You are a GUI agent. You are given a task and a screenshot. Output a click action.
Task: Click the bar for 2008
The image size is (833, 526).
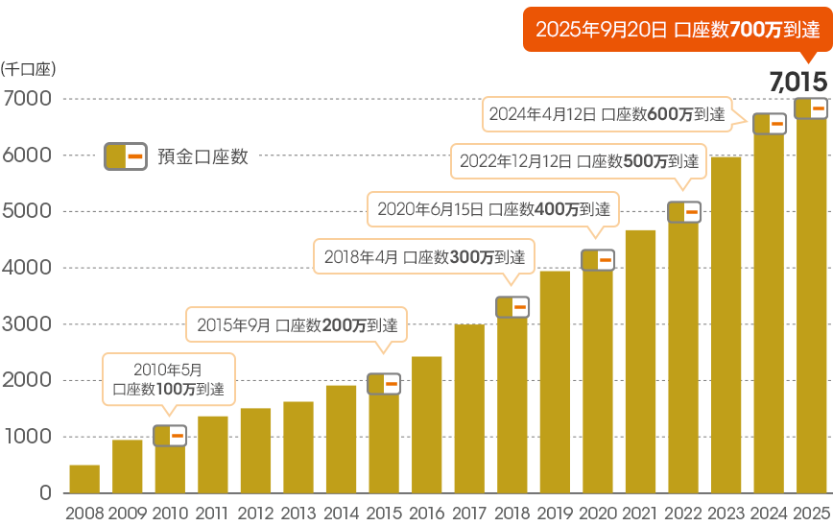coord(84,479)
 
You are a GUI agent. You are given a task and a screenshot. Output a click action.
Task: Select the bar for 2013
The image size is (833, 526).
coord(298,447)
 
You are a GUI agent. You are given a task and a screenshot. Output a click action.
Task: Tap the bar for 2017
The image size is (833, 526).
coord(469,409)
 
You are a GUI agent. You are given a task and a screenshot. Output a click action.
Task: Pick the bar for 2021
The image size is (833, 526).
coord(640,362)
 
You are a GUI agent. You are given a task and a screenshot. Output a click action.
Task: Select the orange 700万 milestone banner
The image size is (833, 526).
coord(677,30)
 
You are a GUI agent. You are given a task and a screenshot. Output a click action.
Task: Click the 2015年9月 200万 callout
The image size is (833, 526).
coord(297,325)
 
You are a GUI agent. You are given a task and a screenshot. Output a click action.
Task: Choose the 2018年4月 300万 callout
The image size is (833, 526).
coord(424,257)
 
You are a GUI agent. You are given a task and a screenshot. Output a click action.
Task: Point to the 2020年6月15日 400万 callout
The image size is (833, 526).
coord(493,207)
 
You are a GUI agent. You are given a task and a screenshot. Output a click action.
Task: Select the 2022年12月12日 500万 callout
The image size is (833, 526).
coord(578,160)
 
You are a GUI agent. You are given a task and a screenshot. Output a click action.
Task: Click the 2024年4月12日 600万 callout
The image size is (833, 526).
coord(605,113)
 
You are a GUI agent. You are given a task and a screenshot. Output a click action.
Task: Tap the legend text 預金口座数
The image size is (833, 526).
coord(202,156)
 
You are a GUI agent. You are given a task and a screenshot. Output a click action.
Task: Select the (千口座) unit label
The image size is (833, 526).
coord(29,68)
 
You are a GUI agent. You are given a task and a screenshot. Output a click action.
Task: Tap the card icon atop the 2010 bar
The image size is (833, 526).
coord(170,436)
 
